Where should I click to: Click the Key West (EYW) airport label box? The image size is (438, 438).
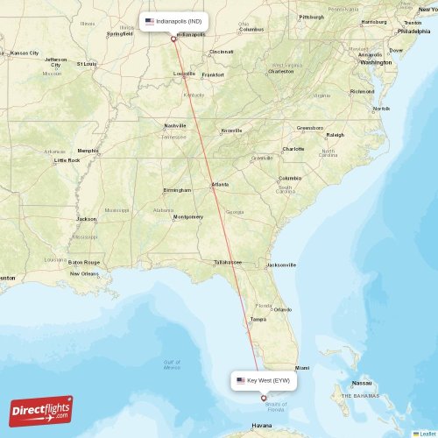(264, 381)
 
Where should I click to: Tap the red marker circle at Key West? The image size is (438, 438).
(264, 399)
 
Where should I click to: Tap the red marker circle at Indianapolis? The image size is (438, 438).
(173, 39)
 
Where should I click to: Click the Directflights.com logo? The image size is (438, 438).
(42, 410)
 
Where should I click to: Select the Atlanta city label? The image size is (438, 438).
(220, 184)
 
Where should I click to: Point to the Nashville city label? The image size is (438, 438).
(175, 125)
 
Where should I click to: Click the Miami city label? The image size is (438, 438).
(302, 368)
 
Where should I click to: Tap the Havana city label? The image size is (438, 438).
(262, 427)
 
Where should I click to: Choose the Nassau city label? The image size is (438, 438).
(362, 383)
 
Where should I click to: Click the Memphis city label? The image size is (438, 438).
(88, 151)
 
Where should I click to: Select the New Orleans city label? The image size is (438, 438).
(84, 273)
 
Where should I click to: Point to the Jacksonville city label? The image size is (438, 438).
(281, 265)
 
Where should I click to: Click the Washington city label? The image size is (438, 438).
(376, 62)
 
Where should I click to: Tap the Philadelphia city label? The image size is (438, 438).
(413, 31)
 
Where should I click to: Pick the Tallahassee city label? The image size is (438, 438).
(227, 261)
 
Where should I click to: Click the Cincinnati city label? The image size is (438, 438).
(222, 52)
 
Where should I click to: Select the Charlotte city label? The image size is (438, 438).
(293, 149)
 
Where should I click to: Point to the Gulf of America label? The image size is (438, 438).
(172, 364)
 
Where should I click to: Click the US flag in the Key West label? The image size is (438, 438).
(241, 381)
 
